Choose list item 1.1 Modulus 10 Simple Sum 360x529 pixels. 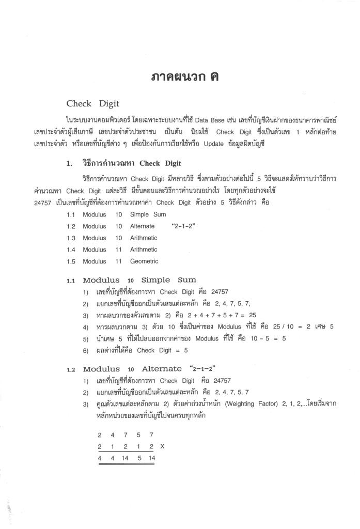point(116,214)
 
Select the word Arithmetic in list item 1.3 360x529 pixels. point(144,238)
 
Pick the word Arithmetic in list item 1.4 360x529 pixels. point(144,250)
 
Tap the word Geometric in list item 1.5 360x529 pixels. point(144,261)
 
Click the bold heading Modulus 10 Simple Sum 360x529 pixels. point(139,280)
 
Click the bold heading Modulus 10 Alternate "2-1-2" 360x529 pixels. point(149,369)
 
